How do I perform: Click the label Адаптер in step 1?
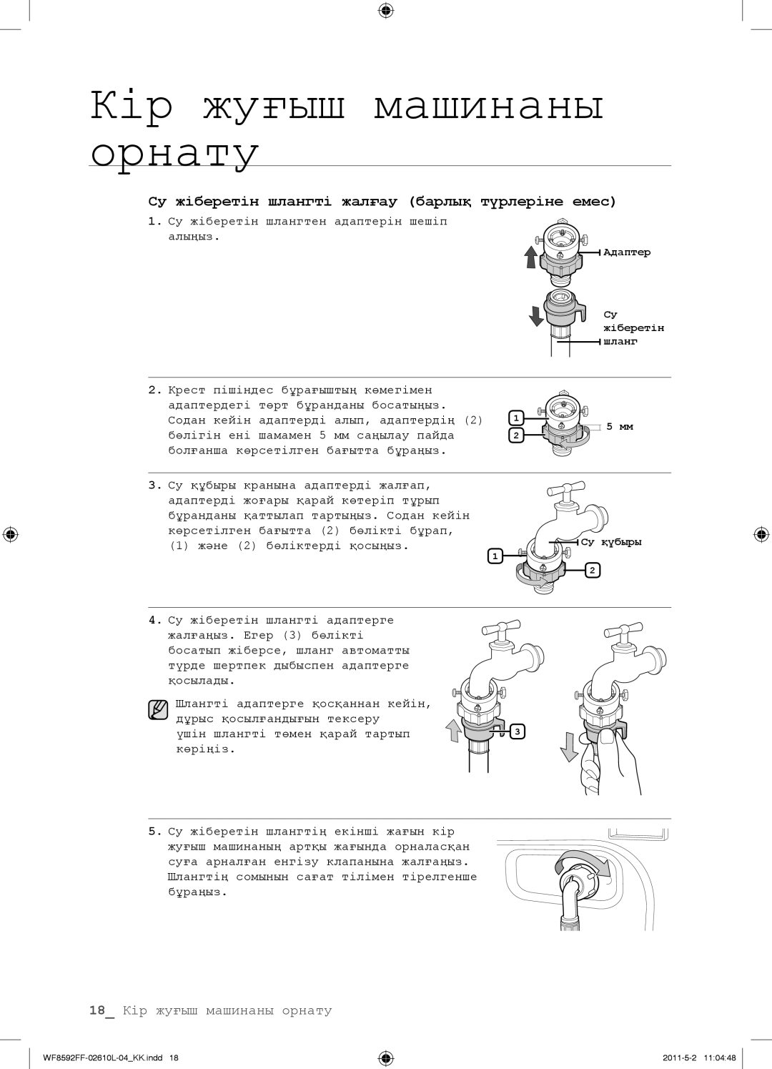pyautogui.click(x=626, y=252)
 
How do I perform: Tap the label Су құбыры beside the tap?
pyautogui.click(x=611, y=542)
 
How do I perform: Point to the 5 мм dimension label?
pyautogui.click(x=620, y=427)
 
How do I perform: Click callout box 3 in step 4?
pyautogui.click(x=518, y=731)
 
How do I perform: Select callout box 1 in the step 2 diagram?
pyautogui.click(x=516, y=418)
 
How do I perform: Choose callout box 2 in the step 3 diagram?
pyautogui.click(x=593, y=570)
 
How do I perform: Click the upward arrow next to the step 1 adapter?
pyautogui.click(x=530, y=257)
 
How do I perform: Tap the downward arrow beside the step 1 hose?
pyautogui.click(x=536, y=316)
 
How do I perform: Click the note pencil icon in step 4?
pyautogui.click(x=158, y=709)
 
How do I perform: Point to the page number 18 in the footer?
pyautogui.click(x=97, y=1010)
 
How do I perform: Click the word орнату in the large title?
pyautogui.click(x=174, y=153)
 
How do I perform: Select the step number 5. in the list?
pyautogui.click(x=155, y=831)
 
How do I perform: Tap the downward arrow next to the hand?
pyautogui.click(x=569, y=749)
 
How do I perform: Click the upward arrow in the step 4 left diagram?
pyautogui.click(x=453, y=731)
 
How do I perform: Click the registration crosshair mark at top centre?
pyautogui.click(x=385, y=11)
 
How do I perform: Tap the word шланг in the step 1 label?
pyautogui.click(x=620, y=342)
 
